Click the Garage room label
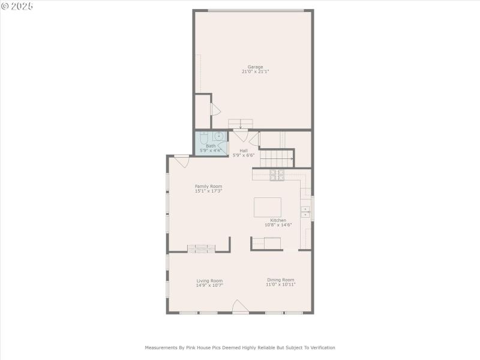[x=255, y=67]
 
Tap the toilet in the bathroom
[x=204, y=137]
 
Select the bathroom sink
[x=219, y=136]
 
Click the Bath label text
[x=211, y=146]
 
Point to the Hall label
[x=244, y=151]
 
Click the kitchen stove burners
[x=277, y=175]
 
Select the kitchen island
[x=267, y=207]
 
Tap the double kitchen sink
[x=305, y=211]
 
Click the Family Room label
[x=208, y=186]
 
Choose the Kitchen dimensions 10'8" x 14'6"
[x=278, y=225]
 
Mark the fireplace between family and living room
[x=200, y=248]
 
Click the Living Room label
[x=209, y=280]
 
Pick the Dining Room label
[x=281, y=280]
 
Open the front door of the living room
[x=240, y=307]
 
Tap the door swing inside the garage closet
[x=215, y=110]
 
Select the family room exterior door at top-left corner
[x=182, y=161]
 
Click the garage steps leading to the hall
[x=240, y=123]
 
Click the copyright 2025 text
[x=17, y=6]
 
